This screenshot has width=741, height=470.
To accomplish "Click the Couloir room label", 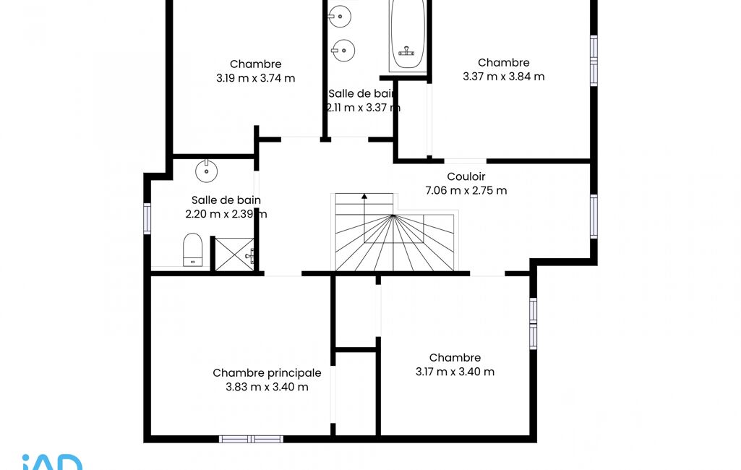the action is pyautogui.click(x=466, y=176).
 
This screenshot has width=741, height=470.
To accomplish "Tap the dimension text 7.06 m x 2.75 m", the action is pyautogui.click(x=466, y=191).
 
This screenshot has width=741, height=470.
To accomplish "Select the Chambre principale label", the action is pyautogui.click(x=267, y=373).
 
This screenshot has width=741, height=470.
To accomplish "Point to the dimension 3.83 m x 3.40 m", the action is pyautogui.click(x=267, y=387).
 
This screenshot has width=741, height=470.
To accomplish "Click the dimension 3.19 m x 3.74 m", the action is pyautogui.click(x=256, y=78).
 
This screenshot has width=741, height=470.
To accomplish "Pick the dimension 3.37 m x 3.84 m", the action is pyautogui.click(x=504, y=77).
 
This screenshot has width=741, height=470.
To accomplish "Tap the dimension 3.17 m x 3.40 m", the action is pyautogui.click(x=455, y=372).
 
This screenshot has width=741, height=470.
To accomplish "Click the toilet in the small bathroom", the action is pyautogui.click(x=192, y=249).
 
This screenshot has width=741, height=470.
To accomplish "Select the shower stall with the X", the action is pyautogui.click(x=235, y=255).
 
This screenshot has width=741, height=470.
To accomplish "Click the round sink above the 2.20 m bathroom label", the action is pyautogui.click(x=207, y=171).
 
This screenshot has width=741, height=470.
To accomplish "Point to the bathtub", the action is pyautogui.click(x=407, y=35).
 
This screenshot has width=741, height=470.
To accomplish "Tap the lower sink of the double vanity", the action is pyautogui.click(x=343, y=50).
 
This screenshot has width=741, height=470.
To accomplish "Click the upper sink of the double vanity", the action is pyautogui.click(x=339, y=17).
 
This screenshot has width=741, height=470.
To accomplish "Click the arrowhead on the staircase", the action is pyautogui.click(x=364, y=196).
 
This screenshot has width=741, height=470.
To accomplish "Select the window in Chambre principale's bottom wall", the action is pyautogui.click(x=252, y=439).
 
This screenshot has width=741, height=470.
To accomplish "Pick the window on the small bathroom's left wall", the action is pyautogui.click(x=147, y=218).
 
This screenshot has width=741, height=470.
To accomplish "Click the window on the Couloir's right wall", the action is pyautogui.click(x=594, y=215).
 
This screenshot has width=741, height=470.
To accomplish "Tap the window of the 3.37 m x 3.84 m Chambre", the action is pyautogui.click(x=594, y=61).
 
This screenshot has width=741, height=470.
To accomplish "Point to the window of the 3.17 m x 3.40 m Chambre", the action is pyautogui.click(x=533, y=324).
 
